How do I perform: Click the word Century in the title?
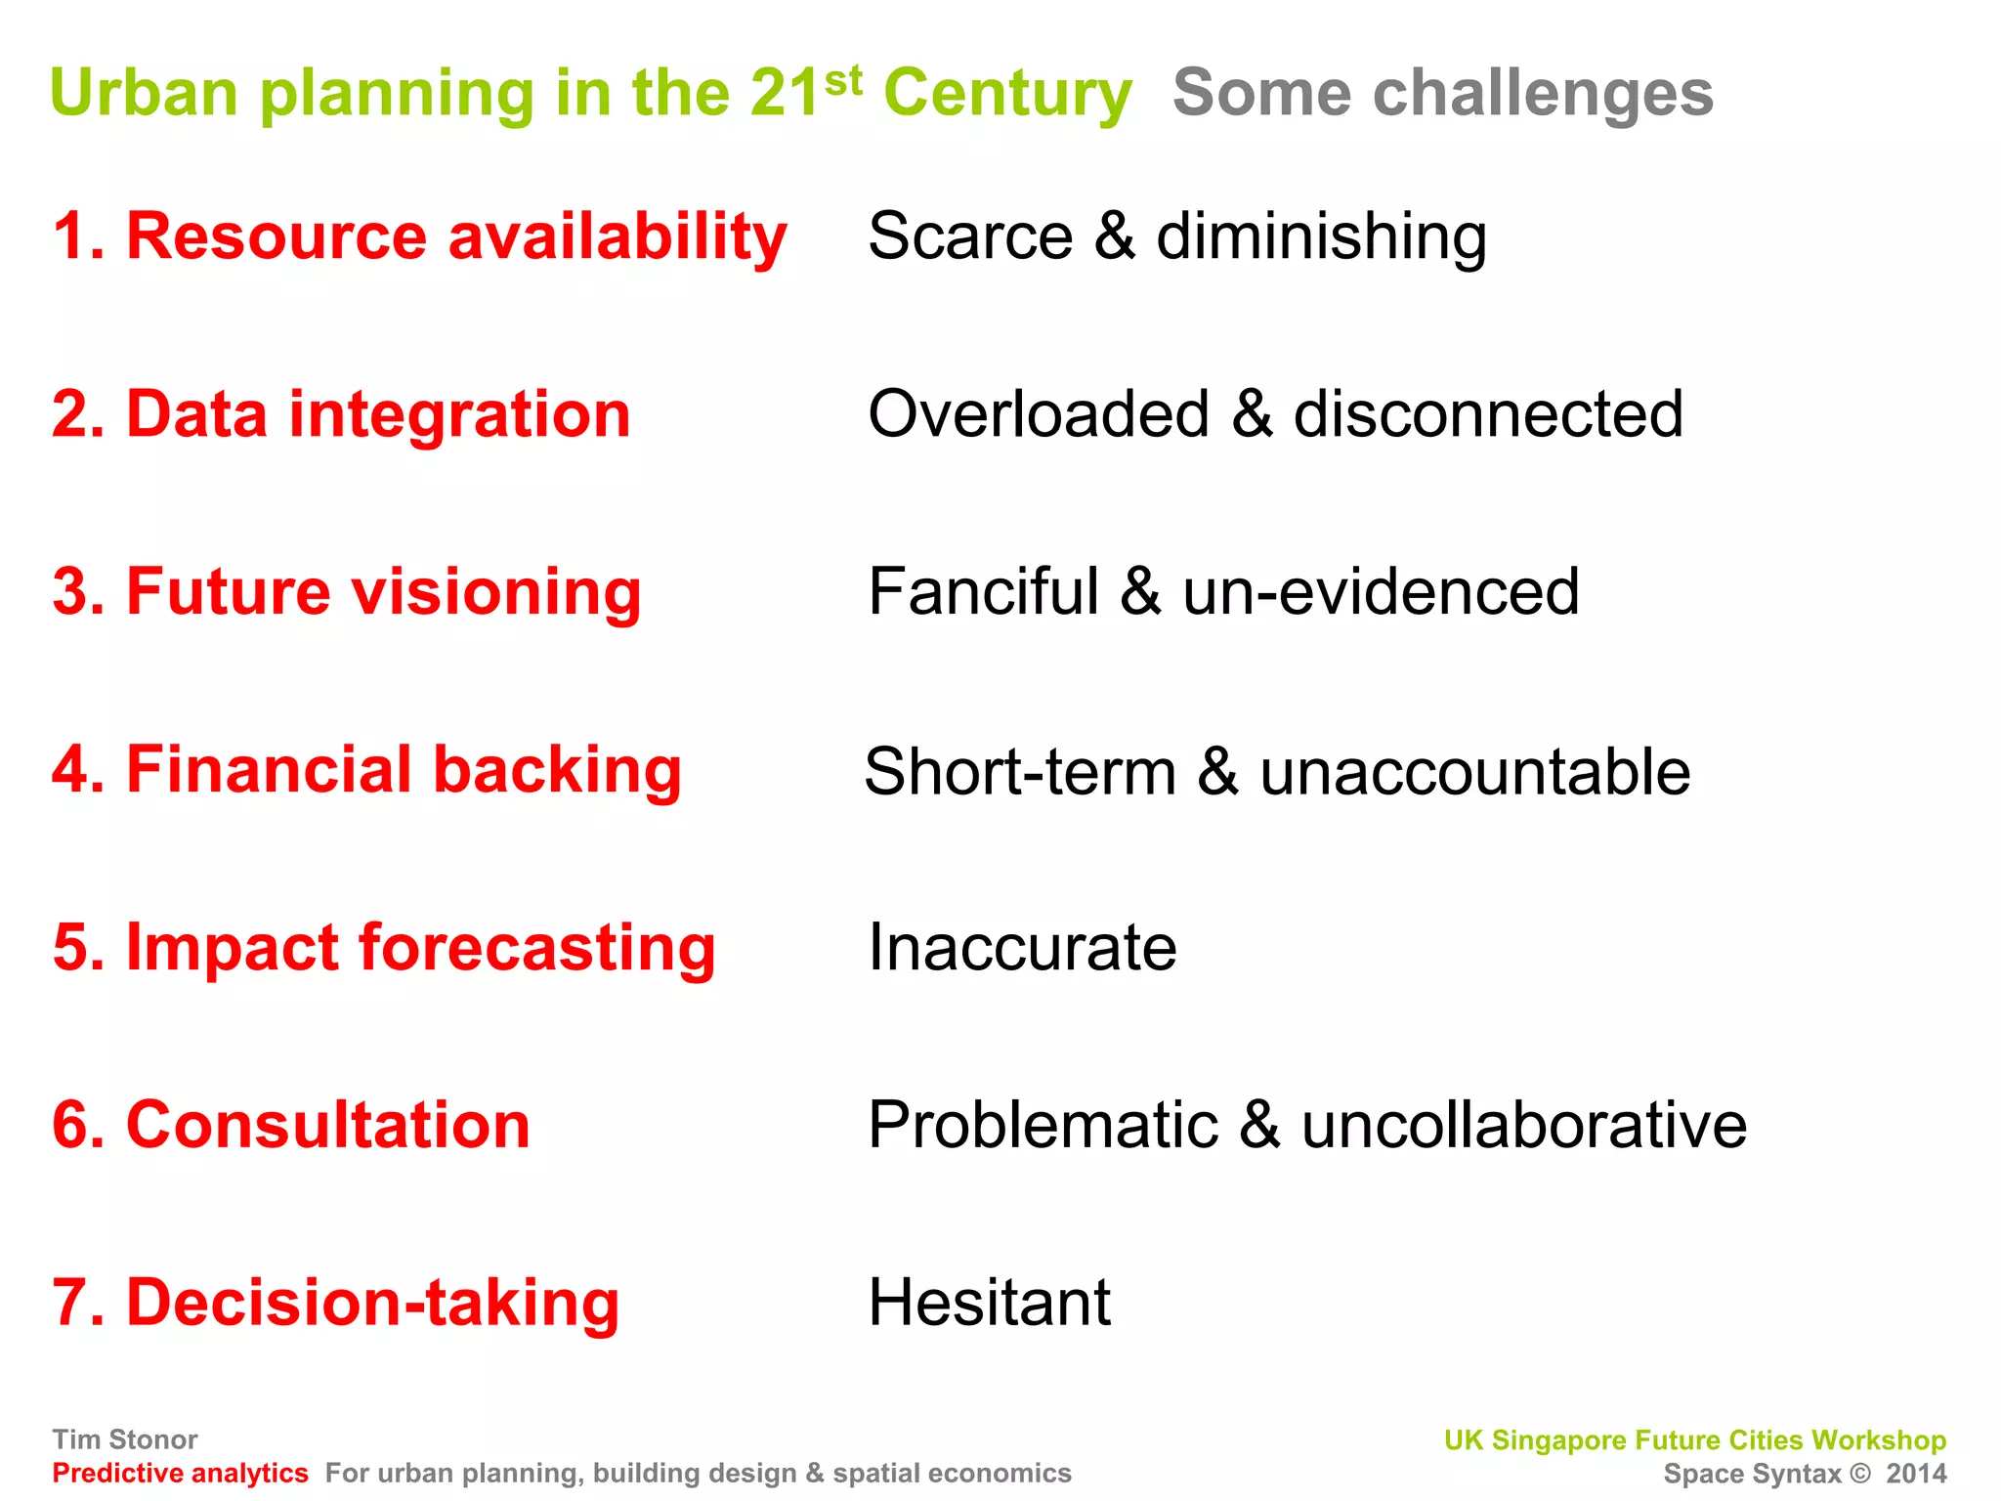coord(1007,95)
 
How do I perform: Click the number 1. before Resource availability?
coord(77,237)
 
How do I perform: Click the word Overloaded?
coord(1039,415)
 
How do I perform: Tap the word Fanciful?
coord(983,593)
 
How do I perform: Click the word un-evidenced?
coord(1380,593)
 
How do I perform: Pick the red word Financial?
coord(270,771)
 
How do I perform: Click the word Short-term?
coord(1020,773)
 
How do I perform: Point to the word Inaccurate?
coord(1022,948)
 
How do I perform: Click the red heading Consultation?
coord(328,1126)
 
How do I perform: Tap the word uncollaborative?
coord(1523,1126)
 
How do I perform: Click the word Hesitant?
coord(989,1304)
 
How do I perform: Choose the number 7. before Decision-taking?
coord(77,1305)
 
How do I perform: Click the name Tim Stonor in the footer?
coord(125,1439)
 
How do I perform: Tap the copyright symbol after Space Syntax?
coord(1860,1474)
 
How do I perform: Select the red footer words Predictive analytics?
coord(180,1474)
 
